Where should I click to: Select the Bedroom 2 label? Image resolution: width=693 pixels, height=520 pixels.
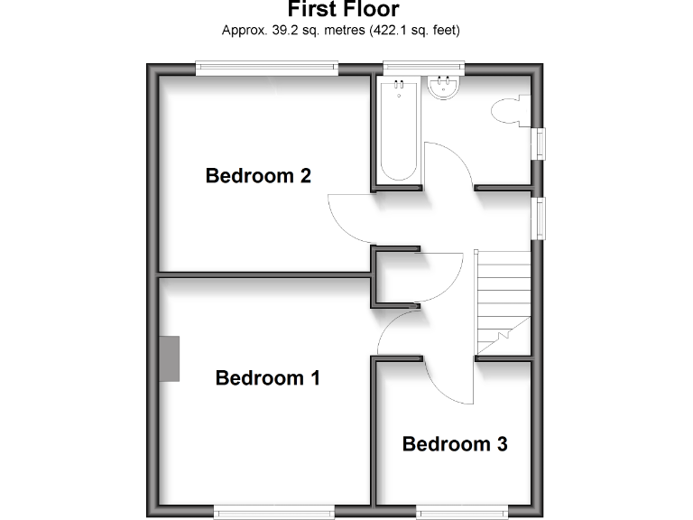click(x=258, y=175)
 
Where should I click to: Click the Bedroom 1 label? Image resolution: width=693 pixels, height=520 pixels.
click(x=268, y=377)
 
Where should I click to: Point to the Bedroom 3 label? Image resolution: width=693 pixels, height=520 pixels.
click(x=455, y=444)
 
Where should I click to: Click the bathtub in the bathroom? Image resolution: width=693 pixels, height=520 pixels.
click(x=398, y=131)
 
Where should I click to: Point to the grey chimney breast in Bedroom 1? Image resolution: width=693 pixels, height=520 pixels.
click(x=169, y=357)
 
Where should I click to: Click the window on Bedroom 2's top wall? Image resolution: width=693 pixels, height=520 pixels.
click(x=267, y=66)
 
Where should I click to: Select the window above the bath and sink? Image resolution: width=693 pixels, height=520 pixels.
click(x=423, y=66)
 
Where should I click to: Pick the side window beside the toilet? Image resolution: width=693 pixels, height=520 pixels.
click(x=540, y=144)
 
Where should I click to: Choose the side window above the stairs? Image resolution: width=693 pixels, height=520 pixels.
click(x=540, y=218)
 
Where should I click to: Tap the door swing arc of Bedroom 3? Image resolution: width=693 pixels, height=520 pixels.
click(x=448, y=384)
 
